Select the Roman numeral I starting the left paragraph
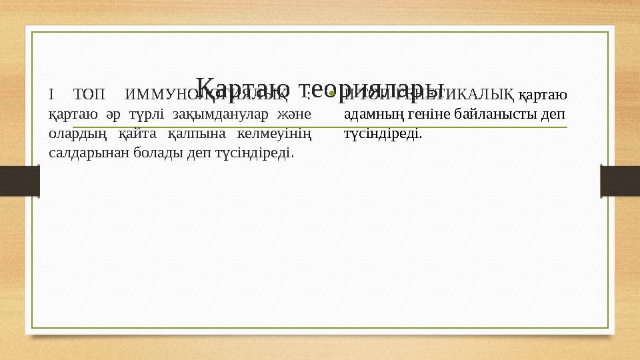point(51,95)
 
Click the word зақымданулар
point(217,114)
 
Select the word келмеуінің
point(275,133)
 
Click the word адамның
point(371,114)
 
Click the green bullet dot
point(331,95)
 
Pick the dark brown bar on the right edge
point(619,181)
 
